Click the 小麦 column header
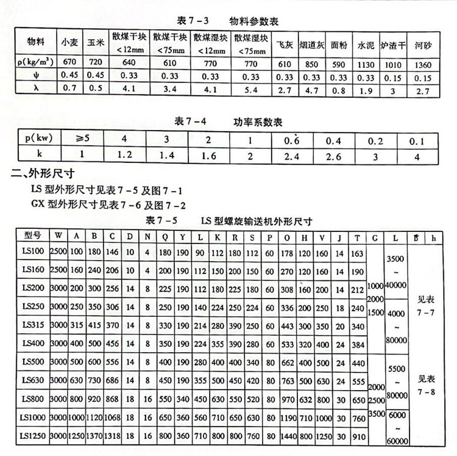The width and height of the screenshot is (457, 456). [68, 43]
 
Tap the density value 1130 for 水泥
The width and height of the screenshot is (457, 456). [366, 63]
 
